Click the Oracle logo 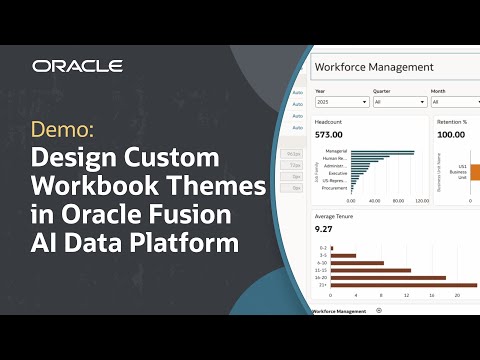77,66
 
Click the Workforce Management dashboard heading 360,67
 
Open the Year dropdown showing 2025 340,102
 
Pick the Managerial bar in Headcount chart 382,153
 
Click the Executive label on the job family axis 338,173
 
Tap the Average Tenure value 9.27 324,231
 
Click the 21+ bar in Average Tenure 394,286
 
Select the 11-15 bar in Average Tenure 371,270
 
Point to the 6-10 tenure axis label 321,262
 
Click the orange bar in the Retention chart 475,171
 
